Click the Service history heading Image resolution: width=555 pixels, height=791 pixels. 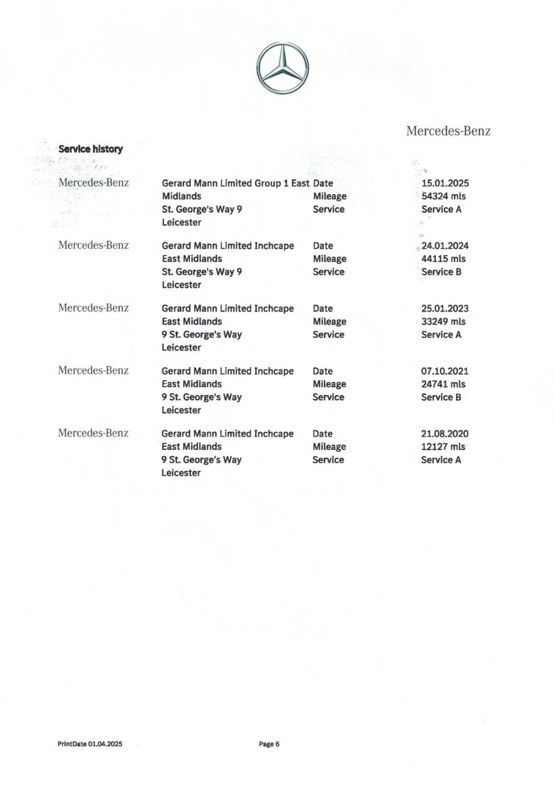[91, 149]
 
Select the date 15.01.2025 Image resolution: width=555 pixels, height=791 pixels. [445, 183]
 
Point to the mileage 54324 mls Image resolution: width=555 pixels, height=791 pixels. [443, 196]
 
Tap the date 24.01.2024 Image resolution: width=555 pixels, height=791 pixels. [445, 246]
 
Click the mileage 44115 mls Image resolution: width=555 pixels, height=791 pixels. [443, 259]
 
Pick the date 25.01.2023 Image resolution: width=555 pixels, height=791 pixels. [445, 308]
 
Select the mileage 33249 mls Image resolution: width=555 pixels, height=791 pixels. [443, 321]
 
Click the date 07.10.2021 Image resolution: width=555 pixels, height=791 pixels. [444, 371]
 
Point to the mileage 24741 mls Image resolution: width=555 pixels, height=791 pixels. [443, 384]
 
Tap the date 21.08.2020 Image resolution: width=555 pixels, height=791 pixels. [444, 433]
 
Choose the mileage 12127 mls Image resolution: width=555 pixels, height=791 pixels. [443, 446]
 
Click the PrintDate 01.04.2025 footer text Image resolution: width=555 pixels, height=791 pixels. [90, 744]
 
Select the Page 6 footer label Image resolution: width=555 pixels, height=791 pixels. [269, 744]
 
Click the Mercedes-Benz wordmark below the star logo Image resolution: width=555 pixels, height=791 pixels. [448, 131]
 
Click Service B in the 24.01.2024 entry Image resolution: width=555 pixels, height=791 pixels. [441, 272]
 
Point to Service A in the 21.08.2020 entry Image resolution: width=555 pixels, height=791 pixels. [441, 459]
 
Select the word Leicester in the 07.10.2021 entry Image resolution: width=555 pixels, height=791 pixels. [181, 410]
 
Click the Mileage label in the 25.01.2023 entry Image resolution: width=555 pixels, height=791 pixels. [329, 321]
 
